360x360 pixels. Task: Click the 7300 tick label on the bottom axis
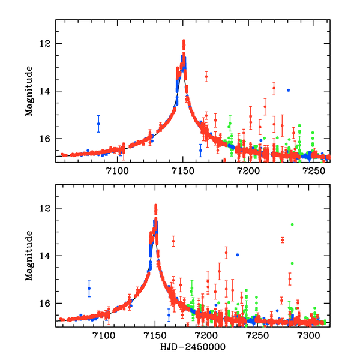(309, 337)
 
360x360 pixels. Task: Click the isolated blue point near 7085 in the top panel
(98, 124)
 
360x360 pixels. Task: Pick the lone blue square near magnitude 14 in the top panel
(289, 90)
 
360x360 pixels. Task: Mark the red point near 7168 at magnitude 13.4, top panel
(206, 77)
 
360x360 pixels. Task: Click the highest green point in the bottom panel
(292, 224)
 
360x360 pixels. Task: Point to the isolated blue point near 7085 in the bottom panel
(89, 288)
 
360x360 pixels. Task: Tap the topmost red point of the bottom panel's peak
(156, 206)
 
